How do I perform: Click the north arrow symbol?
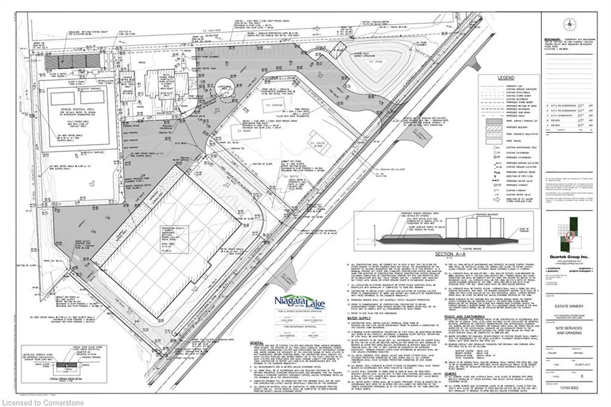(570, 24)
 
